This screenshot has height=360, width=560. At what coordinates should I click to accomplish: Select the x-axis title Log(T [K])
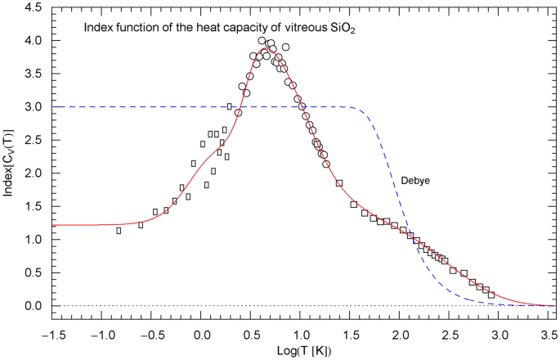301,350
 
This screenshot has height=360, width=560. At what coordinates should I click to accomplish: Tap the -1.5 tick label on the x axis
52,333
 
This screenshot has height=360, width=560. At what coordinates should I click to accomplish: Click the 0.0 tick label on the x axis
202,333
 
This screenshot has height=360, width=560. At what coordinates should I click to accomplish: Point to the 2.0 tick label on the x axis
400,333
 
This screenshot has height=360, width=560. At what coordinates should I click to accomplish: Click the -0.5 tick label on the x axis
151,333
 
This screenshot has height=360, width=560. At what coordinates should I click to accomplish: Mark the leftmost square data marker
119,231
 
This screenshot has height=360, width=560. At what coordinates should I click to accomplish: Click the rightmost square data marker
491,295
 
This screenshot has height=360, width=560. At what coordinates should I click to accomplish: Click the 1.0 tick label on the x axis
301,333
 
